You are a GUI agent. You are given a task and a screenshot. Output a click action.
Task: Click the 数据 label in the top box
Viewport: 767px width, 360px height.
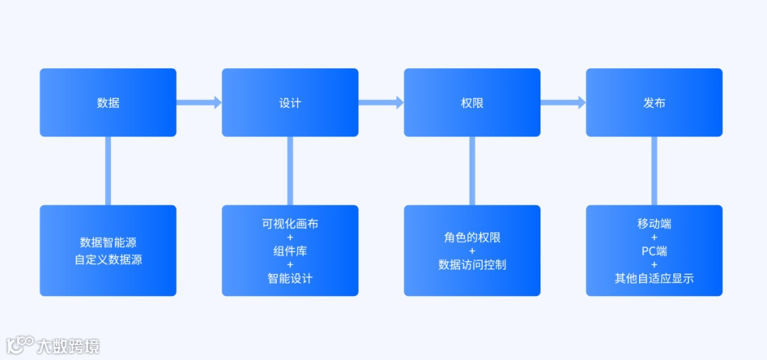click(108, 103)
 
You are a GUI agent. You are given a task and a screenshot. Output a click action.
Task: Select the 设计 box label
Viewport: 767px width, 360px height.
click(290, 103)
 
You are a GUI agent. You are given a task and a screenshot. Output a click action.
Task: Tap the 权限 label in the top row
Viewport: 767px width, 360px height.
click(472, 103)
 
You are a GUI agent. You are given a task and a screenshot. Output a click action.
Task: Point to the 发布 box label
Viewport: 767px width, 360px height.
click(654, 103)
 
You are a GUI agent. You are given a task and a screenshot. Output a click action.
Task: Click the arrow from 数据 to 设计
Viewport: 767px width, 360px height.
click(199, 103)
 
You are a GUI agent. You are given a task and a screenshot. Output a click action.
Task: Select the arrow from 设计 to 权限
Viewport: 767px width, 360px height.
click(381, 103)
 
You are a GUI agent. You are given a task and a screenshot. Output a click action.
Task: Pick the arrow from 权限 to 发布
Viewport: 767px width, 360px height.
click(563, 103)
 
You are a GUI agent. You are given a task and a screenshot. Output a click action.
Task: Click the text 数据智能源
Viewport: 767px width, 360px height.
click(108, 242)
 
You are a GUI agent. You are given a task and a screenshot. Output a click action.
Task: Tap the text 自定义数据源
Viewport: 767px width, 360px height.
click(108, 260)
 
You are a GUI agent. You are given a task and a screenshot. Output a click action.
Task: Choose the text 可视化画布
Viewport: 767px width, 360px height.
click(290, 224)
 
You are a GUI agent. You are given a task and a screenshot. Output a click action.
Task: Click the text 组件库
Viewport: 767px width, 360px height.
click(290, 251)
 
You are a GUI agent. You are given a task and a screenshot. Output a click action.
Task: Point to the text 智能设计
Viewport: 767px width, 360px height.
click(290, 278)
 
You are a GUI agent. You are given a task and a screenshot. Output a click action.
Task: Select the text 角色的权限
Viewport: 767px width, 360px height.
click(472, 237)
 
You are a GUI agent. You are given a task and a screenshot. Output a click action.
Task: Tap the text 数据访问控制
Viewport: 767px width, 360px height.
click(472, 265)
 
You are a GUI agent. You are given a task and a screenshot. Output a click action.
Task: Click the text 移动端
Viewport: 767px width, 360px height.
click(654, 224)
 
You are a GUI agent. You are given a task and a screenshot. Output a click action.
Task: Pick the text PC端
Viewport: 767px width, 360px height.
click(654, 251)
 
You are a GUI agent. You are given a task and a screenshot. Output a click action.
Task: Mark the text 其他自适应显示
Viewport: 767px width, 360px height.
click(654, 278)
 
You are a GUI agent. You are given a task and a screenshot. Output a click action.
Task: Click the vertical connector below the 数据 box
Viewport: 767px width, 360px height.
click(108, 170)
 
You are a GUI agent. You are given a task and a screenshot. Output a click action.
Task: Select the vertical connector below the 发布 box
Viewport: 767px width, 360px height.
click(654, 170)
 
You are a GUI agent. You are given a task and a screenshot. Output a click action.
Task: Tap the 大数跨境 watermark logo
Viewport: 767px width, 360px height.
click(53, 346)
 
